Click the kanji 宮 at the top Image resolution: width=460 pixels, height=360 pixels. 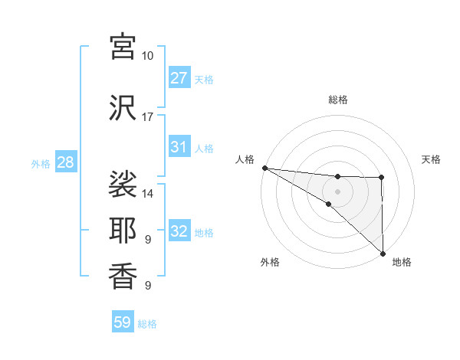pos(123,46)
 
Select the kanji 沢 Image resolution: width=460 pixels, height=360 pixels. pos(123,107)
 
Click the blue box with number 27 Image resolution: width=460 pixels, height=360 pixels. pos(179,78)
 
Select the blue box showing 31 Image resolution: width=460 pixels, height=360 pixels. pos(179,147)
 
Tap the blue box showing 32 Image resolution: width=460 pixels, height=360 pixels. pos(179,232)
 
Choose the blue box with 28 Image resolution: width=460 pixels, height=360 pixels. pos(65,162)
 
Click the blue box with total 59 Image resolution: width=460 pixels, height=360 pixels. pos(123,322)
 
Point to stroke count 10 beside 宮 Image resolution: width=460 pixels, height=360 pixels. pos(148,56)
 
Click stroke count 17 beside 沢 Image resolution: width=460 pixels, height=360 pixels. pos(148,117)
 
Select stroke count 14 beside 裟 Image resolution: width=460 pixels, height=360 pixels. pos(148,193)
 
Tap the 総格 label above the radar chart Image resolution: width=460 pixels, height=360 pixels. pos(337,100)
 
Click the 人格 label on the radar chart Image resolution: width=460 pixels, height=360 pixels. pos(245,159)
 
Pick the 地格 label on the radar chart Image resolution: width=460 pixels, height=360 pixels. pos(402,262)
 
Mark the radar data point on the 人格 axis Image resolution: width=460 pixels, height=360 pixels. pos(264,168)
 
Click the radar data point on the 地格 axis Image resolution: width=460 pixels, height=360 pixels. pos(382,254)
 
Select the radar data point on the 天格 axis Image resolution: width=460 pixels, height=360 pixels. pos(381,178)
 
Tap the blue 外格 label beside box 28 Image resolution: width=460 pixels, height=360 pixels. pos(40,163)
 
